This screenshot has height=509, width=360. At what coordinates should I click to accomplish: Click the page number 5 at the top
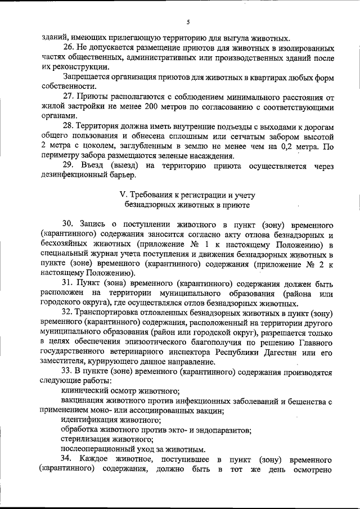(188, 22)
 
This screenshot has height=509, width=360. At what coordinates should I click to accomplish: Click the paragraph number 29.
(67, 166)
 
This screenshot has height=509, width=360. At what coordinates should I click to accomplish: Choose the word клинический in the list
(84, 391)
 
